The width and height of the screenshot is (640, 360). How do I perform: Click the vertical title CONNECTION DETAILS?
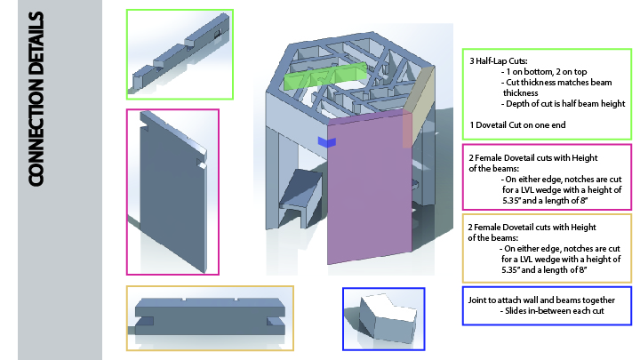click(x=37, y=98)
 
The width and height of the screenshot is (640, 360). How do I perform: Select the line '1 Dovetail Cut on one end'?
click(x=512, y=124)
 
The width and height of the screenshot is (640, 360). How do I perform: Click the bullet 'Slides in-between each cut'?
click(x=548, y=311)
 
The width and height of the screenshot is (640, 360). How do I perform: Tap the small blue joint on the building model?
click(x=324, y=141)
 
